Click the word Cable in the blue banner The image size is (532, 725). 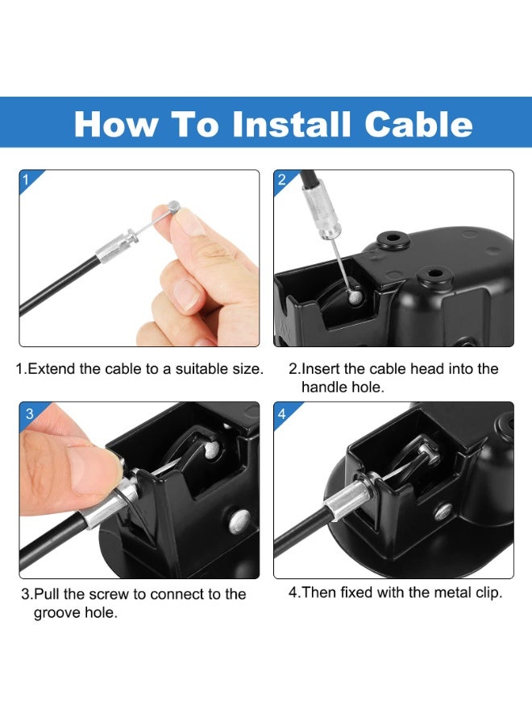418,124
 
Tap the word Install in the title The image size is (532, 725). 291,124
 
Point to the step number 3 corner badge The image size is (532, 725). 29,413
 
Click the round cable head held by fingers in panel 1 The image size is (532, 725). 173,207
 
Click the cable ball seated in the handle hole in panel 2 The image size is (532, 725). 355,295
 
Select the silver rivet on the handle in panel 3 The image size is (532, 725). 239,520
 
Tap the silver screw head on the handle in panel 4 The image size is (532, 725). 443,511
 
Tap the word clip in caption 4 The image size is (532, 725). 486,593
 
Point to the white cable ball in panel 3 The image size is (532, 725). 212,449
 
